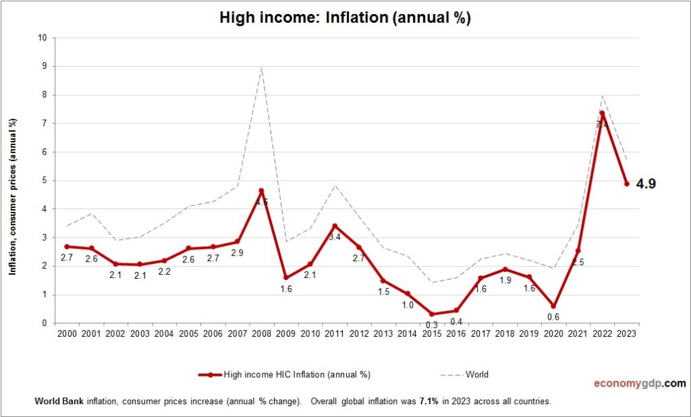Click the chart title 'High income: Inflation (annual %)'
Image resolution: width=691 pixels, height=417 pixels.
(345, 18)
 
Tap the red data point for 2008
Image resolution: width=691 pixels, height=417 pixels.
(261, 191)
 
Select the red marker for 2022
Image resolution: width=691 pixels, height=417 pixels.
(602, 113)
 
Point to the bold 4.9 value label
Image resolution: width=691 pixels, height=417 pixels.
(646, 184)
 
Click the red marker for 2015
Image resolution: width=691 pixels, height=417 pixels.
(432, 314)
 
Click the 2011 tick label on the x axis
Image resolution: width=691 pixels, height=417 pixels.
(334, 333)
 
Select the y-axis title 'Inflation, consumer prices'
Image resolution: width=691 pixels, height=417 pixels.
(13, 196)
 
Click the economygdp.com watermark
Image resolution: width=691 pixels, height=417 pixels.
(639, 383)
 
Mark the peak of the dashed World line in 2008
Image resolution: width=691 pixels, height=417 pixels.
(261, 67)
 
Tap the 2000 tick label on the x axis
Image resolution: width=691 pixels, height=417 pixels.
(67, 333)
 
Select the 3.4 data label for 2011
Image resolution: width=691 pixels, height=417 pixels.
(334, 237)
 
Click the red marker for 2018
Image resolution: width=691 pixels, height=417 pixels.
(505, 269)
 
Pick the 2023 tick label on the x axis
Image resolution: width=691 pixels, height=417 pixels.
(626, 333)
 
